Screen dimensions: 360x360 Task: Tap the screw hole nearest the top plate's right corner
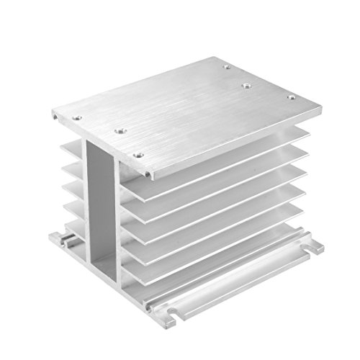(x=291, y=97)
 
